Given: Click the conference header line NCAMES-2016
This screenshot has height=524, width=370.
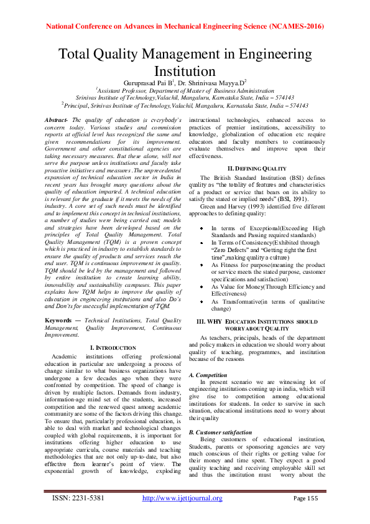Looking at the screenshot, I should coord(185,27).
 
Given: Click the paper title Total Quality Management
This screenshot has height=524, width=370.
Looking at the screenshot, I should coord(185,62).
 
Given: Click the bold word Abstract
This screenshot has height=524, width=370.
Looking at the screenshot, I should coord(57,119).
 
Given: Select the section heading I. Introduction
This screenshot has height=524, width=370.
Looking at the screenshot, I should coord(113,347).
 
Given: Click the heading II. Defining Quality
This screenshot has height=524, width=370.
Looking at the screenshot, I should coord(257,168).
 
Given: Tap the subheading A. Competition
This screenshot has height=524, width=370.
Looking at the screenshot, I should coord(208,375).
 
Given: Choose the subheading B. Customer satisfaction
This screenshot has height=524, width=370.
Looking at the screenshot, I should coord(220,432).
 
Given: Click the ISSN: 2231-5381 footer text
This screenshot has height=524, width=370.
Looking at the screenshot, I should coord(77,498).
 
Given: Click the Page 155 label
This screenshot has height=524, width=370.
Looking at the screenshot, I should coord(306,498).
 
